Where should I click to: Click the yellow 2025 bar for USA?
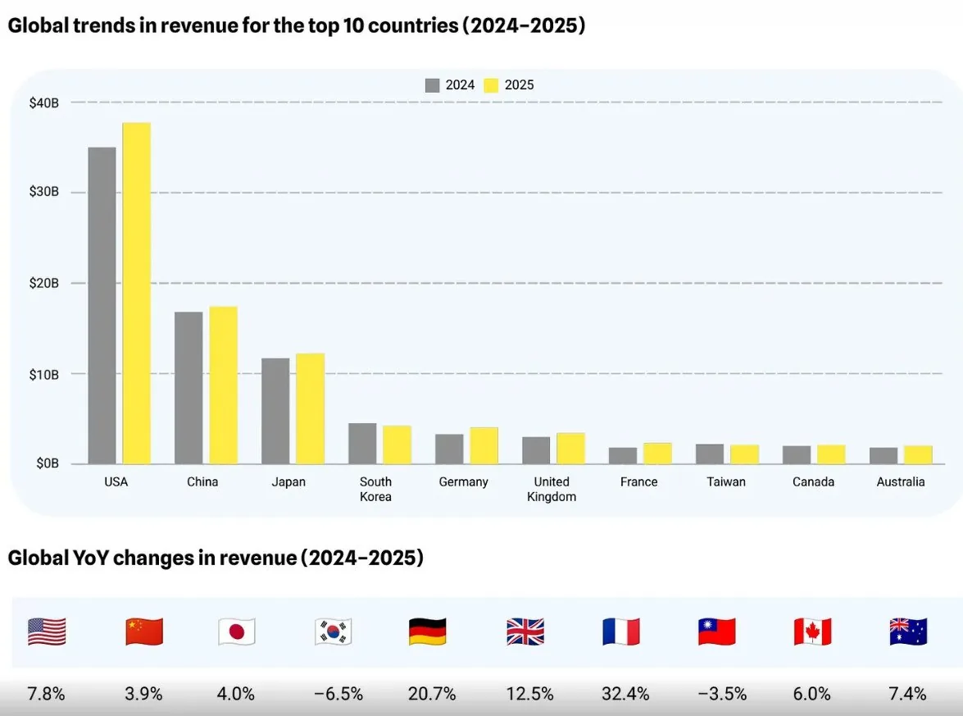(136, 293)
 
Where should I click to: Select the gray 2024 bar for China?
(189, 387)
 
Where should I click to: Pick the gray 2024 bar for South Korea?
(362, 443)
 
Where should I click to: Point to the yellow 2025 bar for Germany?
(484, 445)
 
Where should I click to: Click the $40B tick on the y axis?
(43, 103)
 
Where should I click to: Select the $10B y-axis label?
(43, 374)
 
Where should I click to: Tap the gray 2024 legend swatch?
(433, 85)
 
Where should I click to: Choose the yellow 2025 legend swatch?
(491, 85)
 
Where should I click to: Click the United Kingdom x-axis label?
(552, 489)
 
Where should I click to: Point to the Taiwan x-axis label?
(726, 482)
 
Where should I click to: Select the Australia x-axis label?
(900, 482)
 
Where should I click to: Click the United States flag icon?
(47, 632)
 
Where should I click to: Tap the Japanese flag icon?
(237, 632)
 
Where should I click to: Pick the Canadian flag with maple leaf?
(812, 632)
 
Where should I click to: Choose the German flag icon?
(427, 632)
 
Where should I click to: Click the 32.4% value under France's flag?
(625, 694)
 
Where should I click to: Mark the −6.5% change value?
(338, 694)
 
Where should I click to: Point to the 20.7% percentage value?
(432, 694)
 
